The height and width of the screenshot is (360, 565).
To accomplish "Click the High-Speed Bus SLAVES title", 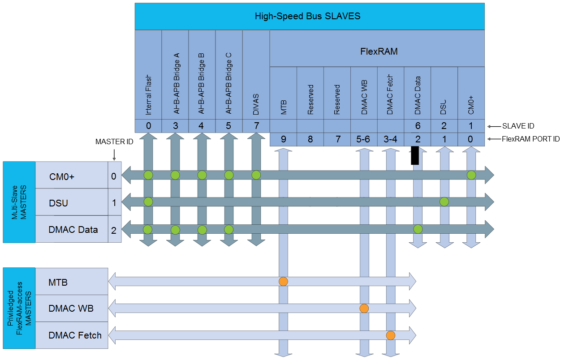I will [307, 17].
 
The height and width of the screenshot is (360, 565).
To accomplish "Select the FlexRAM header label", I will [379, 51].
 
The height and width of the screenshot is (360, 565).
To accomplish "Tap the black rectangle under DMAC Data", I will [415, 155].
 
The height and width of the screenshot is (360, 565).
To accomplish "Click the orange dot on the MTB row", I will [283, 282].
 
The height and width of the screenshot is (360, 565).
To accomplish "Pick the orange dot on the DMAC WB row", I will [364, 309].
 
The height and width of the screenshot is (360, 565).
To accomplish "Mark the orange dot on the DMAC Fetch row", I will [391, 335].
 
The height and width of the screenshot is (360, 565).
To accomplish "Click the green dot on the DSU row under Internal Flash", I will [148, 202].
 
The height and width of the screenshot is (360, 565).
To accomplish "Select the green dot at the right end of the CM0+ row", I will [471, 175].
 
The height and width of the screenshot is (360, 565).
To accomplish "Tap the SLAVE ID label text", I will [518, 126].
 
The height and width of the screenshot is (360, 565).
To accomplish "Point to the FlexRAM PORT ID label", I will [530, 139].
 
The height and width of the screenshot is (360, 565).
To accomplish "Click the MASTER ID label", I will [114, 142].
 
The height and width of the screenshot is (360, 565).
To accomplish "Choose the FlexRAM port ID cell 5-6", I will [364, 139].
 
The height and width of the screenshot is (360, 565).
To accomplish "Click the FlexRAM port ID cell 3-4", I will [391, 139].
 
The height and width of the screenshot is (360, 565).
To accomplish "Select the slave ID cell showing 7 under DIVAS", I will [256, 126].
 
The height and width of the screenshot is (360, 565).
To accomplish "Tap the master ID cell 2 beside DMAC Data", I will [114, 230].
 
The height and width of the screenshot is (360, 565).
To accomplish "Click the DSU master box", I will [72, 203].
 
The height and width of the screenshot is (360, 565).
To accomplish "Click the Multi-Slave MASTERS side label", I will [19, 202].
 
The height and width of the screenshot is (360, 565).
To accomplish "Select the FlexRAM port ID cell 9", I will [283, 139].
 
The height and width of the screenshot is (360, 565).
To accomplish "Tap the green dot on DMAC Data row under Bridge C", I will [229, 230].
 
